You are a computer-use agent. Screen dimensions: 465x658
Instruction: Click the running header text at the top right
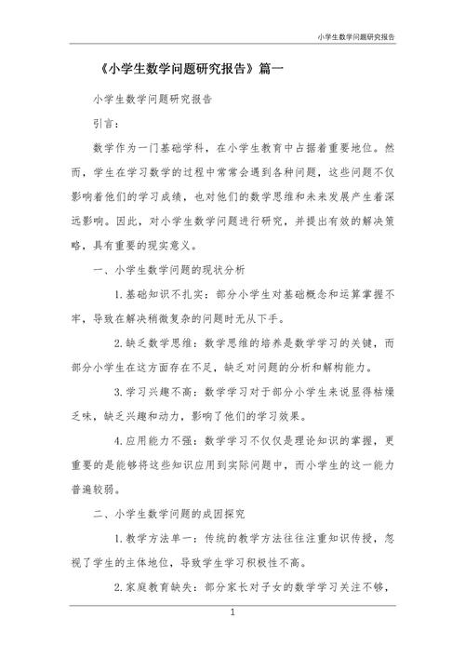pos(355,37)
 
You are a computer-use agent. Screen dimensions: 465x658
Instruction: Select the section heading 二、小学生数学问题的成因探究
pos(169,512)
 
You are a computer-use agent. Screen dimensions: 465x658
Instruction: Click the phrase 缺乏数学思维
pos(153,342)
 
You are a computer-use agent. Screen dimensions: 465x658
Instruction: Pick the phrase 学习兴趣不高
pos(153,391)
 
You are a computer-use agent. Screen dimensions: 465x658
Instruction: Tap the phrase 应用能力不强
pos(153,439)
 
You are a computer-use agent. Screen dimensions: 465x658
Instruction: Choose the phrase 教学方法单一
pos(153,537)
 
